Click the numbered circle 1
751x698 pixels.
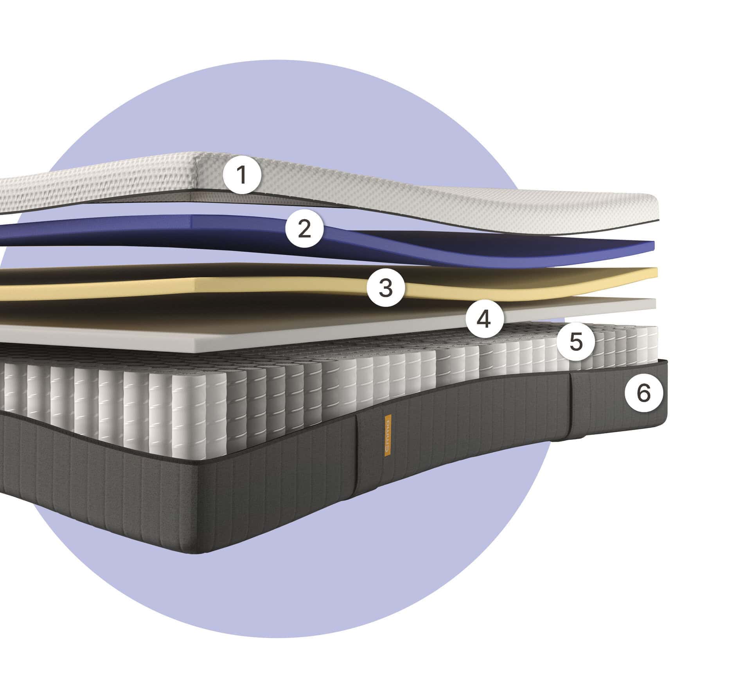[x=242, y=175]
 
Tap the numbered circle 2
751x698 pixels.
[x=304, y=229]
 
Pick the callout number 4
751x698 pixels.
[x=484, y=319]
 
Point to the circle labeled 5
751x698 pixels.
[x=576, y=342]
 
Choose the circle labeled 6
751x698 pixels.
[x=644, y=393]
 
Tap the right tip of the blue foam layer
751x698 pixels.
[x=654, y=246]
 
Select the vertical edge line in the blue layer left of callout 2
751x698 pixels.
[x=192, y=221]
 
